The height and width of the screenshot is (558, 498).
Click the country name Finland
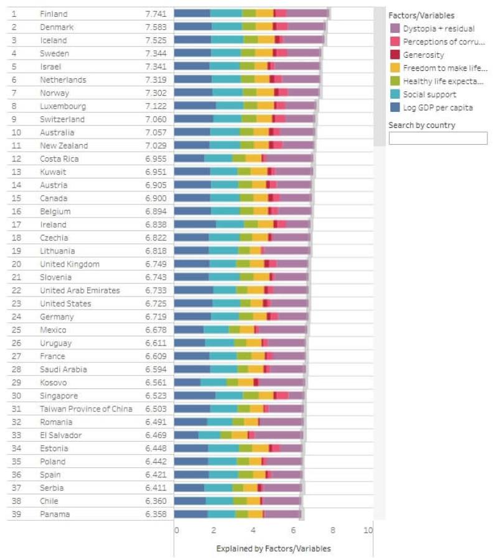(x=54, y=14)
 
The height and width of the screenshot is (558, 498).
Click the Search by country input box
(x=438, y=138)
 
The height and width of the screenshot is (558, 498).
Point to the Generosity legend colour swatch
(x=395, y=55)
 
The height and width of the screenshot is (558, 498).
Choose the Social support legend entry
(x=429, y=94)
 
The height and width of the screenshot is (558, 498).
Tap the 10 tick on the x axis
(x=369, y=530)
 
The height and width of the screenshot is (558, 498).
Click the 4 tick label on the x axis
(x=253, y=530)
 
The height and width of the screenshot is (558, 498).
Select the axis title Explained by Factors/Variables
(x=273, y=549)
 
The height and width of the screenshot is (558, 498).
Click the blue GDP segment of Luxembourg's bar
(x=194, y=106)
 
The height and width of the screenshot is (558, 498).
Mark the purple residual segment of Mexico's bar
(x=282, y=330)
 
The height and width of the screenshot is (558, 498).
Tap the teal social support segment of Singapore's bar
(x=229, y=396)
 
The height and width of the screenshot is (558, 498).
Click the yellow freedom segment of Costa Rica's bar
(x=253, y=159)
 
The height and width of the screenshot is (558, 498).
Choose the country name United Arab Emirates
(x=80, y=290)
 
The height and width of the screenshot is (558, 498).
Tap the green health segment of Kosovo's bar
(x=232, y=383)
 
